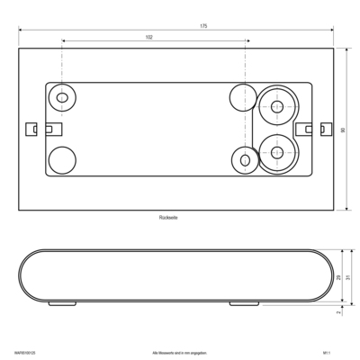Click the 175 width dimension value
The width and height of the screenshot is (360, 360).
coord(203,26)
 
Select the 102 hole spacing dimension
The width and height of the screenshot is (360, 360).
coord(148,37)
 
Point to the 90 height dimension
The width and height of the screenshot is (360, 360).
coord(343,130)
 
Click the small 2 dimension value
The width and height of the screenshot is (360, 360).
coord(338,312)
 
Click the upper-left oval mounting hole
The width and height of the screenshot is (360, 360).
coord(62,96)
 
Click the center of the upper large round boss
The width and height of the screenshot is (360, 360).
coord(276,107)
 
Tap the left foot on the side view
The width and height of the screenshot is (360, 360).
coord(61,303)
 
